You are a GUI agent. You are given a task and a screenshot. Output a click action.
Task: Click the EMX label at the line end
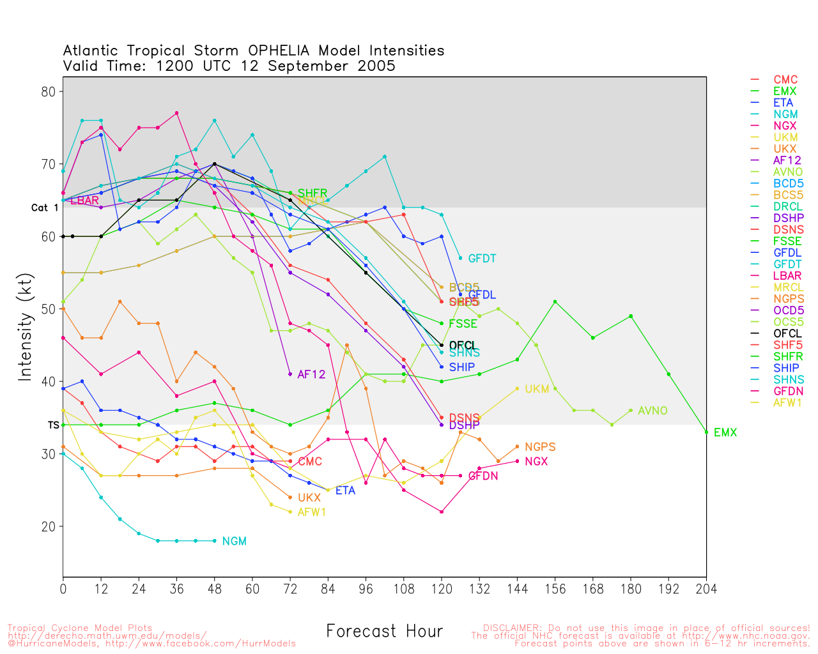coord(725,433)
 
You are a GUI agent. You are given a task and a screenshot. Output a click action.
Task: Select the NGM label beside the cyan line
coord(234,542)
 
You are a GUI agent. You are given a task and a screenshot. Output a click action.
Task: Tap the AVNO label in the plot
coord(652,411)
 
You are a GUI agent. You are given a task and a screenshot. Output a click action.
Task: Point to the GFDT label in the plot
coord(482,259)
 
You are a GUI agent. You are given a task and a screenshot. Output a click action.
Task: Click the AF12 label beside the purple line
coord(311,374)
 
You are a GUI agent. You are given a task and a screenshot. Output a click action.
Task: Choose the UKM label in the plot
coord(537,389)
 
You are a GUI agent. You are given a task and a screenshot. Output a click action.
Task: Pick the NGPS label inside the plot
coord(540,447)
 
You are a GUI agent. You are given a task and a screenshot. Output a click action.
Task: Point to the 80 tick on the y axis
coord(49,91)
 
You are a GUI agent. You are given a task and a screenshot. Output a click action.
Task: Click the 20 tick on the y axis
coord(49,527)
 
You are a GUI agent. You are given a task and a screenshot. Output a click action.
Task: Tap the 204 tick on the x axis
coord(706,589)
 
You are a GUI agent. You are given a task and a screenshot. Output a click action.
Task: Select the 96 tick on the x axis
coord(366,589)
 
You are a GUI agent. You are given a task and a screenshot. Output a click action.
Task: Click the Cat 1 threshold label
coord(45,208)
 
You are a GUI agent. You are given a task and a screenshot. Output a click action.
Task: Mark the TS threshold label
coord(53,425)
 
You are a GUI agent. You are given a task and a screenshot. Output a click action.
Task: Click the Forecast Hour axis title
coord(384,632)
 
